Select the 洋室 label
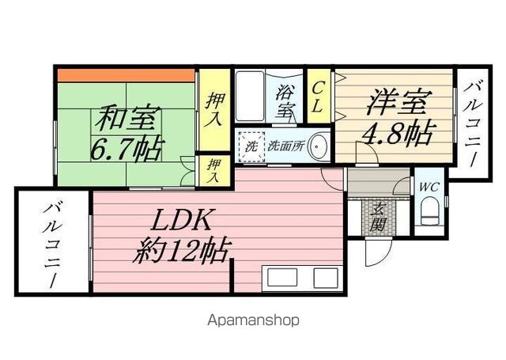tap(398, 101)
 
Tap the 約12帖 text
tap(183, 251)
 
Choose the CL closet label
tap(318, 97)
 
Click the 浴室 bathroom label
tap(285, 103)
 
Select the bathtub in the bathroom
tap(251, 96)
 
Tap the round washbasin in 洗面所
tap(318, 146)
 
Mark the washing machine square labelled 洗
tap(251, 147)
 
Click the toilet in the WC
tap(430, 210)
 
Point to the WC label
tap(429, 187)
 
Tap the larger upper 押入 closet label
tap(214, 110)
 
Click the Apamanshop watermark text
tap(253, 320)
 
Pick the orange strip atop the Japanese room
tap(126, 76)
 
